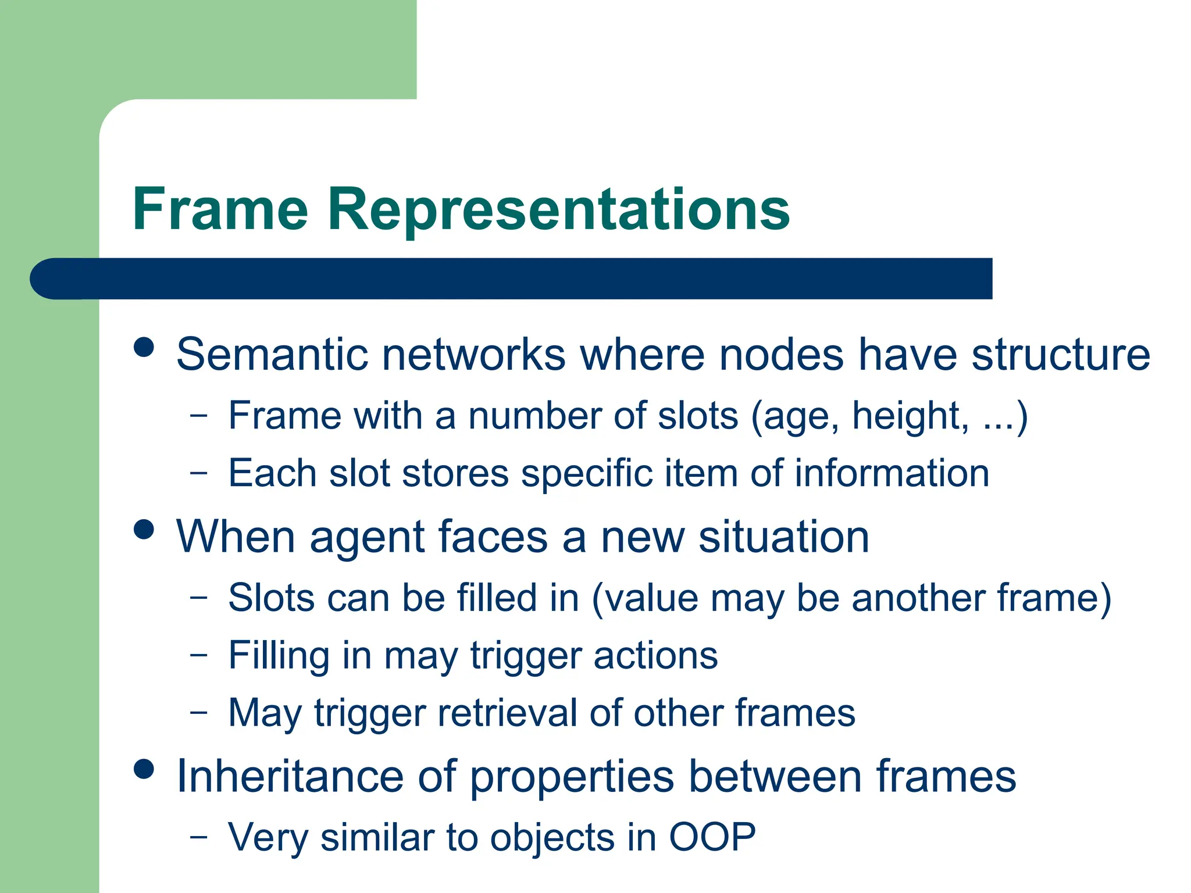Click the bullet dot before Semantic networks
click(x=144, y=348)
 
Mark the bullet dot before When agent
click(x=144, y=530)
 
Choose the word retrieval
click(x=507, y=713)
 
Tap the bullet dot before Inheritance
click(x=144, y=769)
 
